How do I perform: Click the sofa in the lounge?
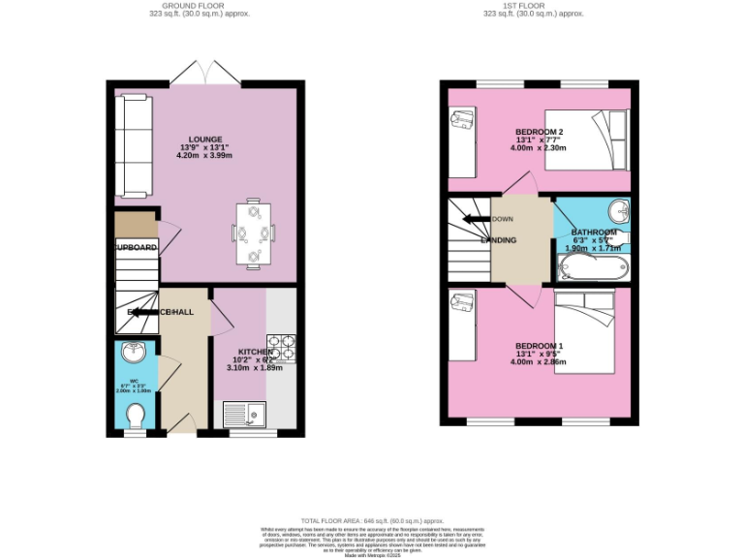point(130,143)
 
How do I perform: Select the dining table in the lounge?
point(254,232)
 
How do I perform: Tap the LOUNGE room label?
point(205,139)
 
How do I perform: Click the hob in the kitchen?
point(281,345)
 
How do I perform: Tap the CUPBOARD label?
point(137,248)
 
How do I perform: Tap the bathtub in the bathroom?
point(592,267)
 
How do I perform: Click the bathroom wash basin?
point(616,209)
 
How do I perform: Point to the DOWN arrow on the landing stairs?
point(477,219)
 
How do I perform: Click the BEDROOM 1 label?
point(539,346)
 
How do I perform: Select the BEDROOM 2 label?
point(539,132)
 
